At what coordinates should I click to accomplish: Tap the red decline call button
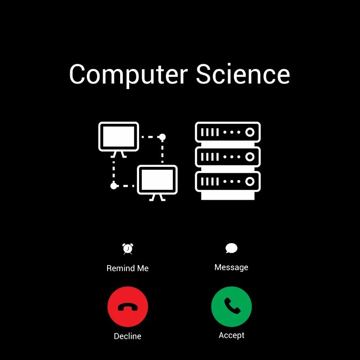tap(128, 306)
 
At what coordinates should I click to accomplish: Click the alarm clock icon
tap(128, 249)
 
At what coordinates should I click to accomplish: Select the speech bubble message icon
tap(231, 248)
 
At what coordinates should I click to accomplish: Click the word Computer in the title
tap(128, 75)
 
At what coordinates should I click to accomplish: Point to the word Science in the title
tap(243, 74)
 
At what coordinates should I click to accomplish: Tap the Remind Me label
tap(128, 268)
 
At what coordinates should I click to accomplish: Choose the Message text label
tap(231, 267)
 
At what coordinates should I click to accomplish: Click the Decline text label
tap(128, 336)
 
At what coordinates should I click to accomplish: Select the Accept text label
tap(231, 335)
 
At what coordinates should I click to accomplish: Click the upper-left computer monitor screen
tap(119, 137)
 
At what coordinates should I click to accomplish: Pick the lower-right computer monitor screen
tap(157, 180)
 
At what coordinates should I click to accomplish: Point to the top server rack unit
tap(228, 132)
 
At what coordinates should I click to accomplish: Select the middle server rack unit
tap(228, 157)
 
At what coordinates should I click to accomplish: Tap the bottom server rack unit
tap(228, 182)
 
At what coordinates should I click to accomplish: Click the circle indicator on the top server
tap(250, 132)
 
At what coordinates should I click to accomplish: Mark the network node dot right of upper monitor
tap(162, 137)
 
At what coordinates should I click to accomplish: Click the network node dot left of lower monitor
tap(114, 186)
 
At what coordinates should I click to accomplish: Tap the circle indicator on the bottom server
tap(250, 182)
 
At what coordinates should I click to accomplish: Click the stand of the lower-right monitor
tap(157, 198)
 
